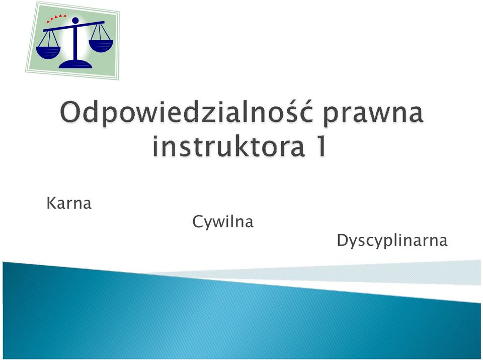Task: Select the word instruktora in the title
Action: [229, 146]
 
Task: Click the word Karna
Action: [69, 203]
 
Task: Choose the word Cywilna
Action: [223, 222]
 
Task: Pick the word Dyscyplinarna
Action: [392, 240]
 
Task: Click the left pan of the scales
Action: [48, 52]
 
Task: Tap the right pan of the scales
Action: [101, 46]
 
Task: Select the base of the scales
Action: [75, 64]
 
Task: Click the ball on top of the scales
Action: [75, 21]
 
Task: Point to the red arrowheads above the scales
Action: [56, 18]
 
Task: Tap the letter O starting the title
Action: [70, 113]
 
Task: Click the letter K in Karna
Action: [51, 203]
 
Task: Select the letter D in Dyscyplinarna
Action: [343, 240]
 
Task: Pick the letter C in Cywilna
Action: [198, 221]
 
